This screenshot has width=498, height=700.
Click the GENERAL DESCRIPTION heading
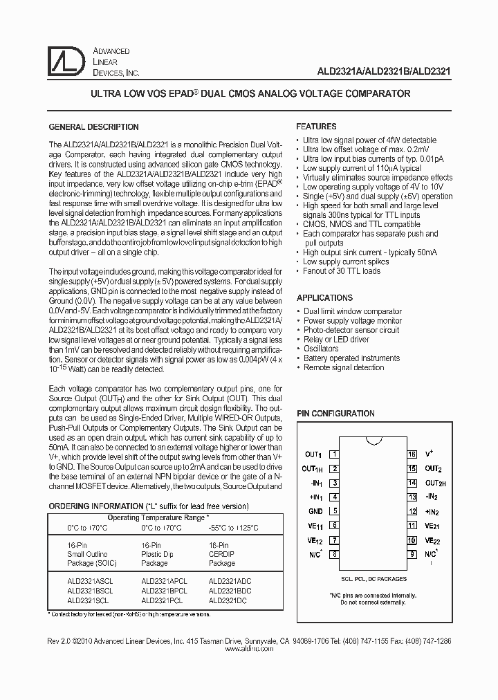[x=93, y=127]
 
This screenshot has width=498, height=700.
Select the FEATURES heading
[x=316, y=127]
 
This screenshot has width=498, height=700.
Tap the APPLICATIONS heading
[x=324, y=298]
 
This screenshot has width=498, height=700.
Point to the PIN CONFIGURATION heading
[x=335, y=414]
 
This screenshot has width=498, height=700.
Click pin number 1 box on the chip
[x=335, y=454]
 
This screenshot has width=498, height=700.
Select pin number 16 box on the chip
[x=412, y=454]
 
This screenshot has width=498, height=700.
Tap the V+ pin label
[x=430, y=454]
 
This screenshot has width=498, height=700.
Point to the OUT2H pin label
[x=435, y=483]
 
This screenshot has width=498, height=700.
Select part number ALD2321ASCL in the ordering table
[x=90, y=582]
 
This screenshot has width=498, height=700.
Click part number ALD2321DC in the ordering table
[x=225, y=601]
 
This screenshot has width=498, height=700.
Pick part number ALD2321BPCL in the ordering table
[x=164, y=591]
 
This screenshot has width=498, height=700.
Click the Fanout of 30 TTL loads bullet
[x=342, y=271]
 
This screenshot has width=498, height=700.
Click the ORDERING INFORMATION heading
[x=94, y=506]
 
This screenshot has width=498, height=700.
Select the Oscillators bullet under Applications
[x=321, y=349]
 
